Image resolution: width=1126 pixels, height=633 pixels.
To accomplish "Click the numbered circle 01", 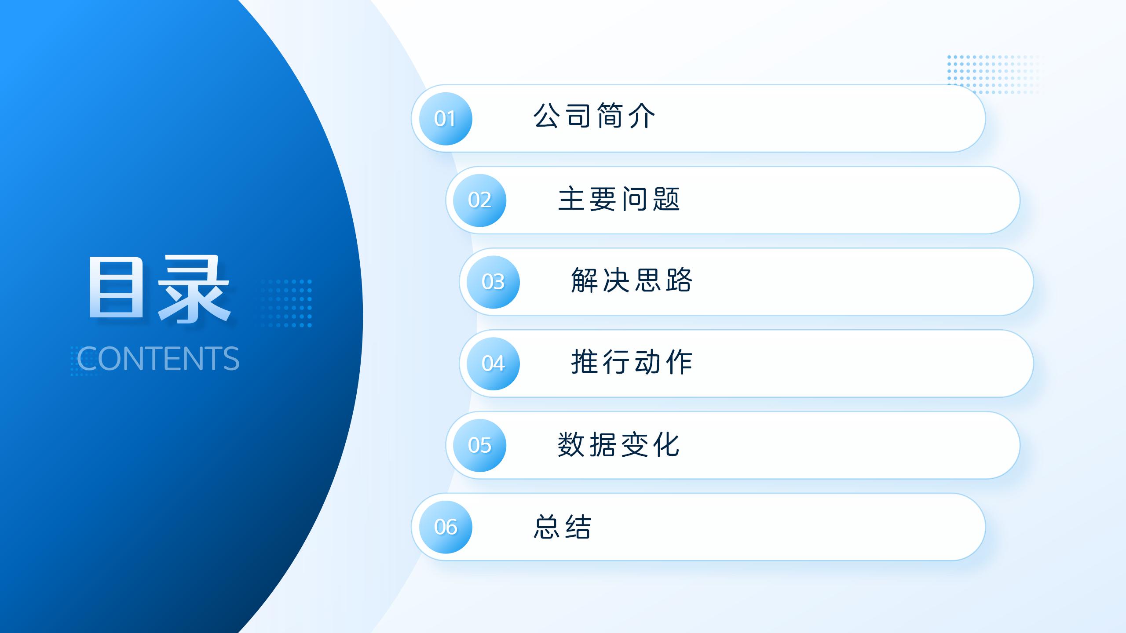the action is click(446, 119).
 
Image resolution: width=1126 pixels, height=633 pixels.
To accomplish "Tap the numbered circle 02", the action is click(480, 200).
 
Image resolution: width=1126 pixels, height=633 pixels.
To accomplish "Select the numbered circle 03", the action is click(493, 282).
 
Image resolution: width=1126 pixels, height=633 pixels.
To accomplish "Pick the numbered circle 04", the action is click(493, 364).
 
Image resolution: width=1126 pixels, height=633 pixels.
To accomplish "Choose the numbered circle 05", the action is click(480, 445).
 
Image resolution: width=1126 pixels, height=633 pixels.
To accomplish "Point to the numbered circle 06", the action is click(446, 527).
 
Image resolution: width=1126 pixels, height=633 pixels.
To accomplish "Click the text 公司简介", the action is click(595, 116).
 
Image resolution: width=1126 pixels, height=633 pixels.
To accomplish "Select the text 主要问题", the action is click(619, 199).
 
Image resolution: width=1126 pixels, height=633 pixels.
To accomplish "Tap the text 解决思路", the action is click(632, 280).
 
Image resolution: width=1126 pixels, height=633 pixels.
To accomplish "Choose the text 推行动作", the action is click(632, 362).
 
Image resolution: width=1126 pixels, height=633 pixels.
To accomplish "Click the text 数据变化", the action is click(619, 444).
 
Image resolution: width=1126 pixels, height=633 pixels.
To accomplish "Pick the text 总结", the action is click(563, 526).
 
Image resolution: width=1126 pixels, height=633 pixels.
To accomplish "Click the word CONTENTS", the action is click(158, 358).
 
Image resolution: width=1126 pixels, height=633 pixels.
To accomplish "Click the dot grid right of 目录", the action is click(286, 303).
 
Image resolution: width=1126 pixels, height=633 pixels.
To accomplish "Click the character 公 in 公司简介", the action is click(547, 116).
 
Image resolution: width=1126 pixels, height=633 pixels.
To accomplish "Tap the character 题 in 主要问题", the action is click(667, 199).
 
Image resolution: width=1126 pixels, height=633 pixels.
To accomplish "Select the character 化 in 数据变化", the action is click(667, 444).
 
